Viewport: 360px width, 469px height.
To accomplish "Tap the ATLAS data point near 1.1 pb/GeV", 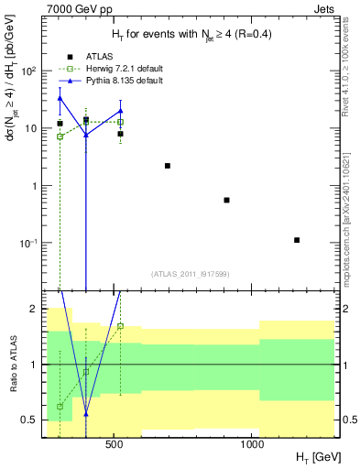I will [168, 166].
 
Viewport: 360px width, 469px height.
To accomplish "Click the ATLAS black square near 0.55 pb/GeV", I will [226, 200].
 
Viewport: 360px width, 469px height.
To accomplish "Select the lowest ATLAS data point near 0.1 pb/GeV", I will [297, 240].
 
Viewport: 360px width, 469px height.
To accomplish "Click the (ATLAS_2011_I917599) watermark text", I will [191, 274].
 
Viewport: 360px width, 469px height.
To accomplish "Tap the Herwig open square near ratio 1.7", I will [120, 326].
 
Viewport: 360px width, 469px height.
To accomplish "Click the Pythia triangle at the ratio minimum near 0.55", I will [86, 414].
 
